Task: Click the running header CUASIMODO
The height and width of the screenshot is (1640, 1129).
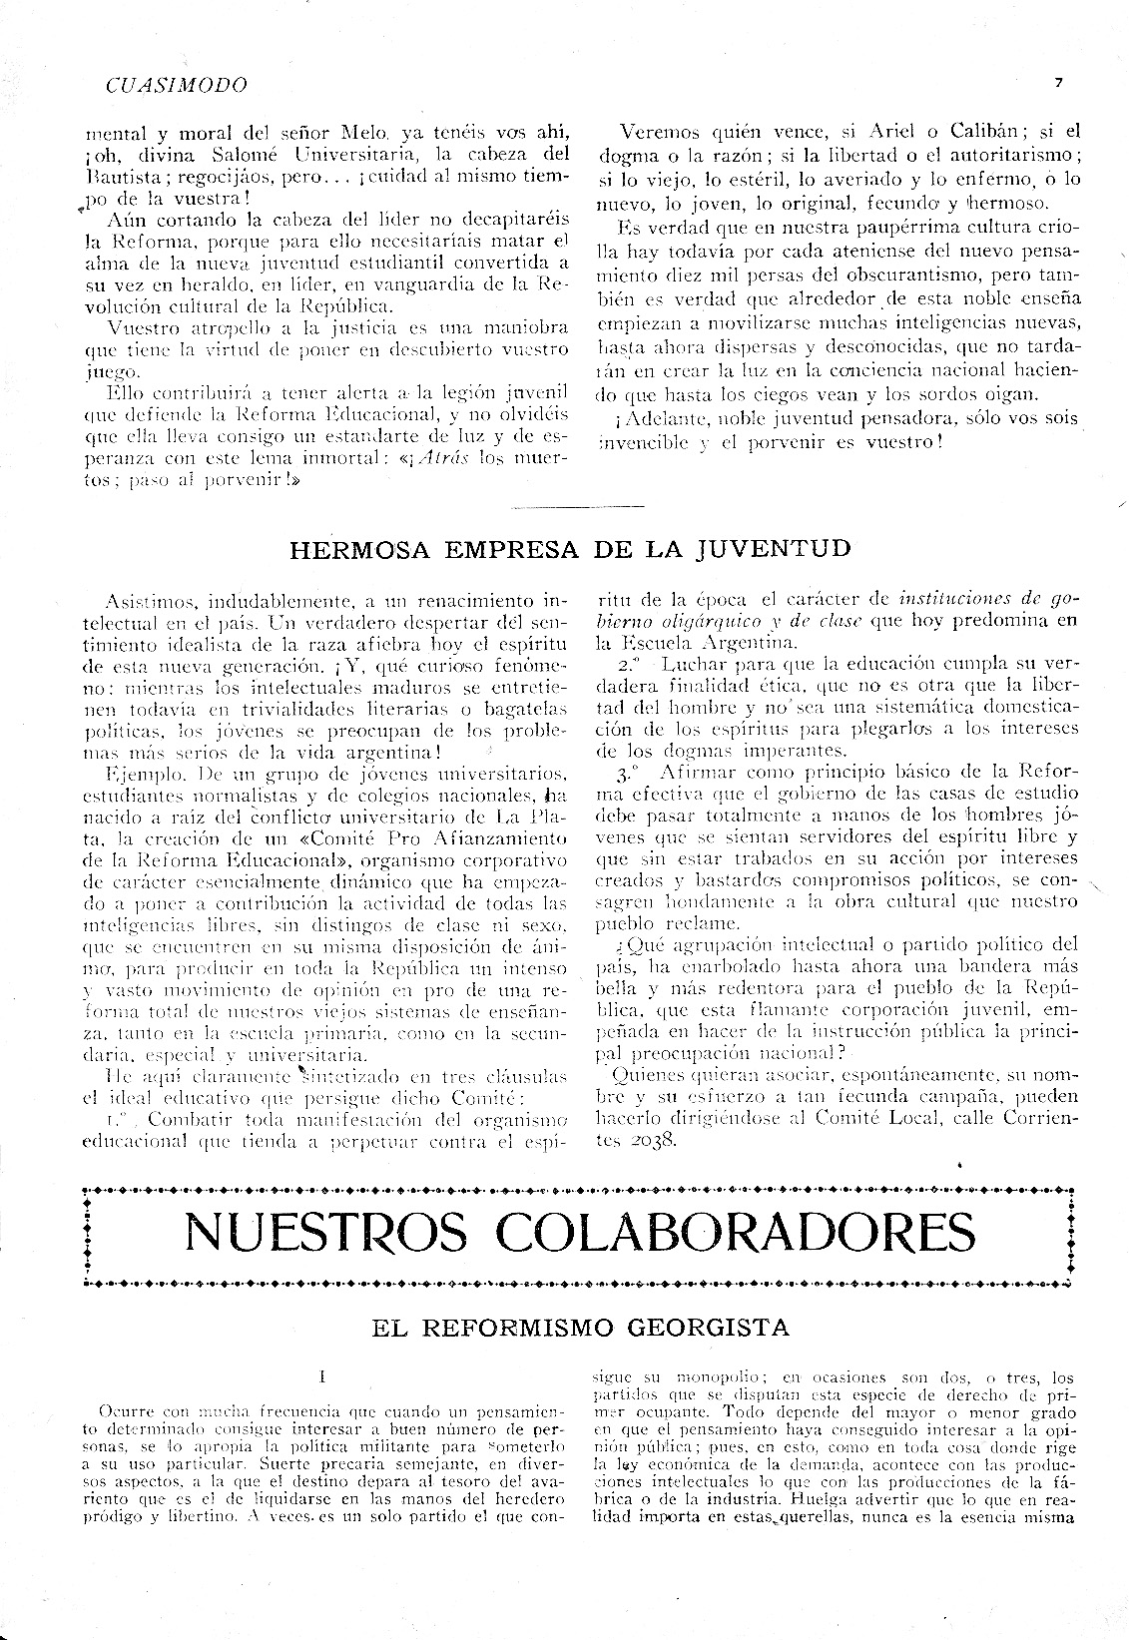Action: [x=175, y=85]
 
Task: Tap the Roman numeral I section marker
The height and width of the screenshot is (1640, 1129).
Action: [x=322, y=1378]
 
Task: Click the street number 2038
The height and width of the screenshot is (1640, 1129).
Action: [x=652, y=1140]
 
